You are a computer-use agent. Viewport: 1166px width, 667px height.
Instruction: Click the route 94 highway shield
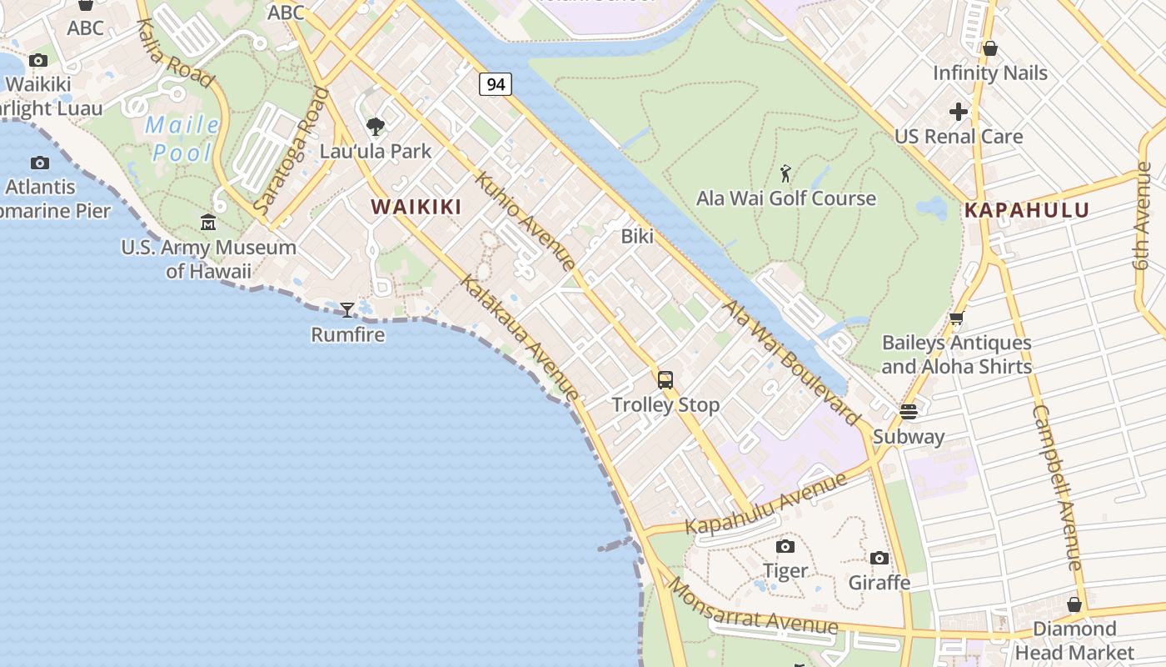coord(495,84)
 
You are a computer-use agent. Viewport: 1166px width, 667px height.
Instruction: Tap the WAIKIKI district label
coord(416,207)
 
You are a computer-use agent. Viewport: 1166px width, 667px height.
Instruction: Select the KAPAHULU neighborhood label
coord(1027,211)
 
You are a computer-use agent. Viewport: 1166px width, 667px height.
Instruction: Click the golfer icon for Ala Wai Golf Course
coord(785,174)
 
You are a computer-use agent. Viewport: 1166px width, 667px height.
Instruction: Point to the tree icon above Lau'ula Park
coord(376,127)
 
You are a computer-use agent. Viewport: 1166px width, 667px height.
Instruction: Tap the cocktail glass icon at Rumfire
coord(347,310)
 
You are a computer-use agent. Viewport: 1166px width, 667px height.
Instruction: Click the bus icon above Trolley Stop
coord(665,380)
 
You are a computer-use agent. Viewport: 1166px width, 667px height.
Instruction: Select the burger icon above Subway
coord(908,412)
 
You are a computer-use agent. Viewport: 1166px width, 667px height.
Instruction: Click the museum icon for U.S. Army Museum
coord(208,223)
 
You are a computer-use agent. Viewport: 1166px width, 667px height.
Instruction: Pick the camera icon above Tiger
coord(785,547)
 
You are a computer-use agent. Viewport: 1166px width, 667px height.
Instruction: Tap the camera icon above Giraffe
coord(879,559)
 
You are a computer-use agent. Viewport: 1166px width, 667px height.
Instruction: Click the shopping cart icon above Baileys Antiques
coord(956,318)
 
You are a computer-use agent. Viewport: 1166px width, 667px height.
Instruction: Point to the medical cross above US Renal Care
coord(959,111)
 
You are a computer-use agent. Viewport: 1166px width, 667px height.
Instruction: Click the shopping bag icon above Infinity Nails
coord(989,48)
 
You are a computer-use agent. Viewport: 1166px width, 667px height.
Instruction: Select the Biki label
coord(637,236)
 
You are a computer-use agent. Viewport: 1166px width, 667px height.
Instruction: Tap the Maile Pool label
coord(182,139)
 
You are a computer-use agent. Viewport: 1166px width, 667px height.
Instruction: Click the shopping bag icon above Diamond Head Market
coord(1074,604)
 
